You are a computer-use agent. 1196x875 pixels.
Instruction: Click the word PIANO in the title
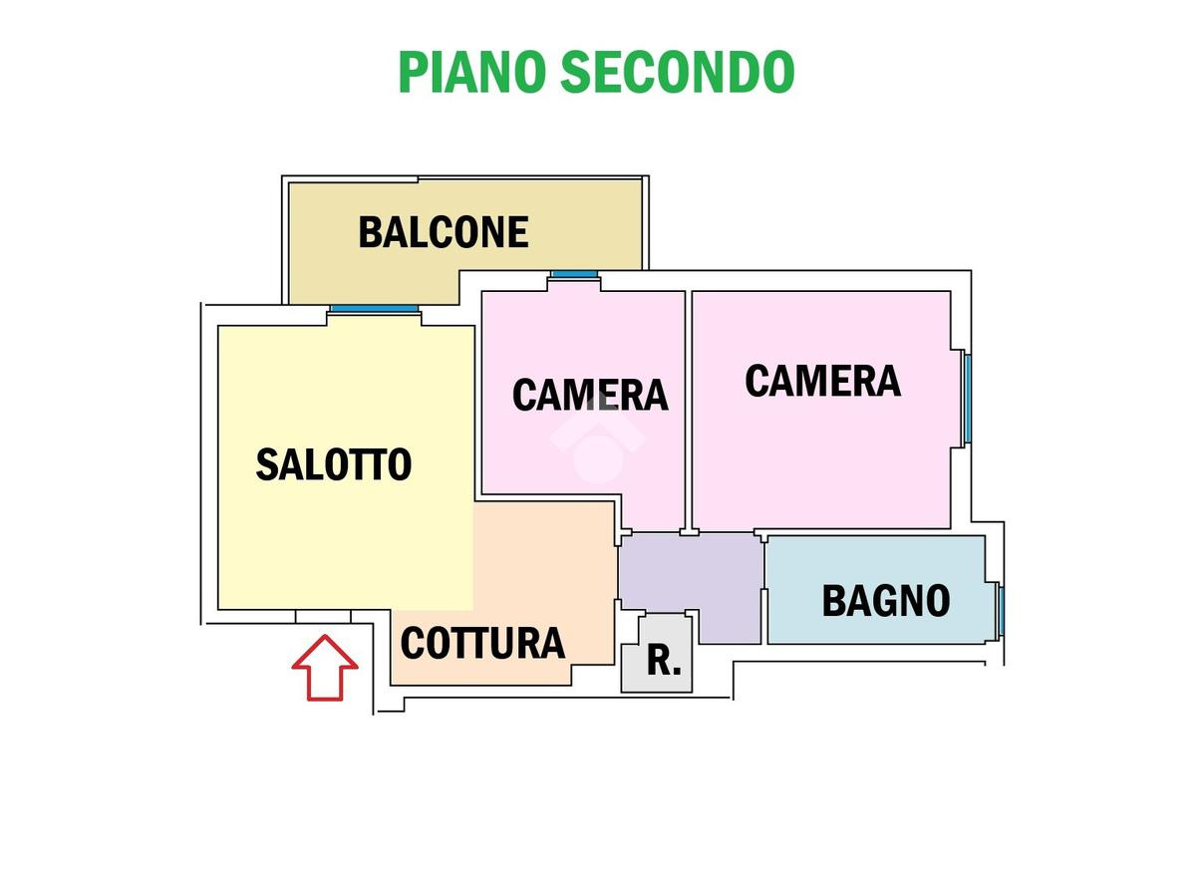[472, 72]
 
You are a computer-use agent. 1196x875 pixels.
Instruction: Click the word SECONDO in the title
[678, 72]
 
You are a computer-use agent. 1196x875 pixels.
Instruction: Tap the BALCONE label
[444, 232]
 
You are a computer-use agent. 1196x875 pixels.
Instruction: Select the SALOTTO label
[334, 464]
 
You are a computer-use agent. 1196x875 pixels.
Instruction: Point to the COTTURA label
[482, 644]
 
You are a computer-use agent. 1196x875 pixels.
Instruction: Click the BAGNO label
[886, 601]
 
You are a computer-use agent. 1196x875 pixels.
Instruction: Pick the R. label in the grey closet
[664, 661]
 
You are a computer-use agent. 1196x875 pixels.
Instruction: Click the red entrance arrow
[325, 668]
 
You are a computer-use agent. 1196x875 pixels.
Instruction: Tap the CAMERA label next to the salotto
[590, 395]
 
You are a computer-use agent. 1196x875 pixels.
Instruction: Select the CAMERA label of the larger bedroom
[823, 381]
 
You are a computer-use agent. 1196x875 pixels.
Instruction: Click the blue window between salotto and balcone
[375, 309]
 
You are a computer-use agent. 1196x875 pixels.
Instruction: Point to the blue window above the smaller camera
[574, 274]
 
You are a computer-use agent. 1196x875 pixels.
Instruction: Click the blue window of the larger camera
[968, 399]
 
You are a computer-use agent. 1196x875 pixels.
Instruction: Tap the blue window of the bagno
[1002, 611]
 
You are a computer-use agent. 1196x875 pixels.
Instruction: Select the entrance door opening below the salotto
[323, 617]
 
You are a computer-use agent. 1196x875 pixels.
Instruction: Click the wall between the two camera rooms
[689, 411]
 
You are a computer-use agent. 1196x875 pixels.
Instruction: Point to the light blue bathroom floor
[876, 590]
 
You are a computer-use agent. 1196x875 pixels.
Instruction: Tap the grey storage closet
[657, 654]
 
